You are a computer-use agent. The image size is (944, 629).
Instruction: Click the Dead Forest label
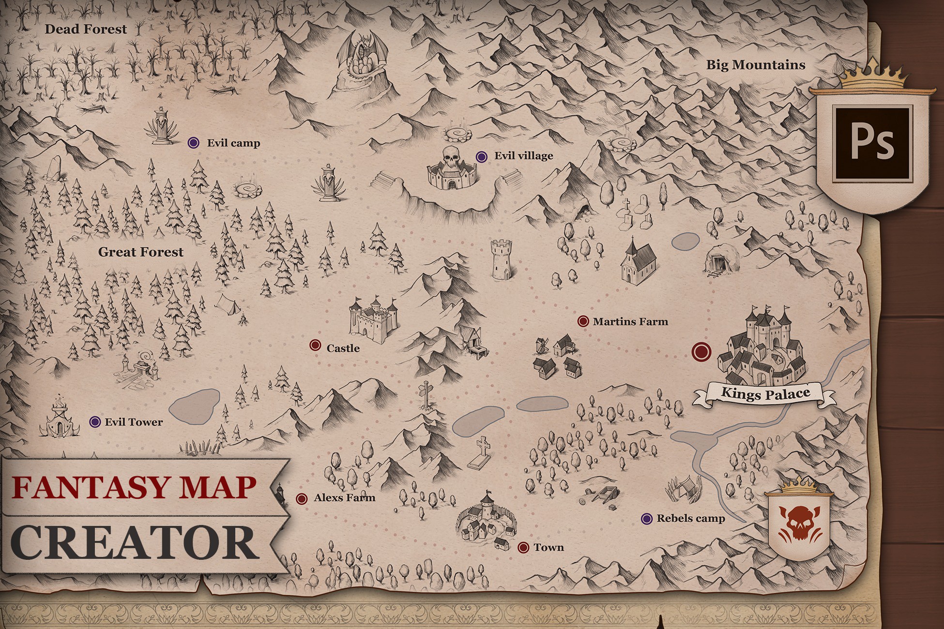(x=86, y=29)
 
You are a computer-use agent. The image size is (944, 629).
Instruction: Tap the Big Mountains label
(x=755, y=65)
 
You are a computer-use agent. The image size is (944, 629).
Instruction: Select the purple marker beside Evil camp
(x=194, y=143)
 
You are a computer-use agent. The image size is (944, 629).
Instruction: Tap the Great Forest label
(x=141, y=252)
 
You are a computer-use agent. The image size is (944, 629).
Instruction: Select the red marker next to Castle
(x=315, y=345)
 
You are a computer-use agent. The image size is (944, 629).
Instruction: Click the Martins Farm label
(x=630, y=321)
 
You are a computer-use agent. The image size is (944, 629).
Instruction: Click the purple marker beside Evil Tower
(x=95, y=422)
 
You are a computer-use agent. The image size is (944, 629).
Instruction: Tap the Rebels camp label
(x=690, y=519)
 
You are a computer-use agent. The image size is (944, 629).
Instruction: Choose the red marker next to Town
(x=523, y=547)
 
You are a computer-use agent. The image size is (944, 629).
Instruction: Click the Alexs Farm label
(x=344, y=498)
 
